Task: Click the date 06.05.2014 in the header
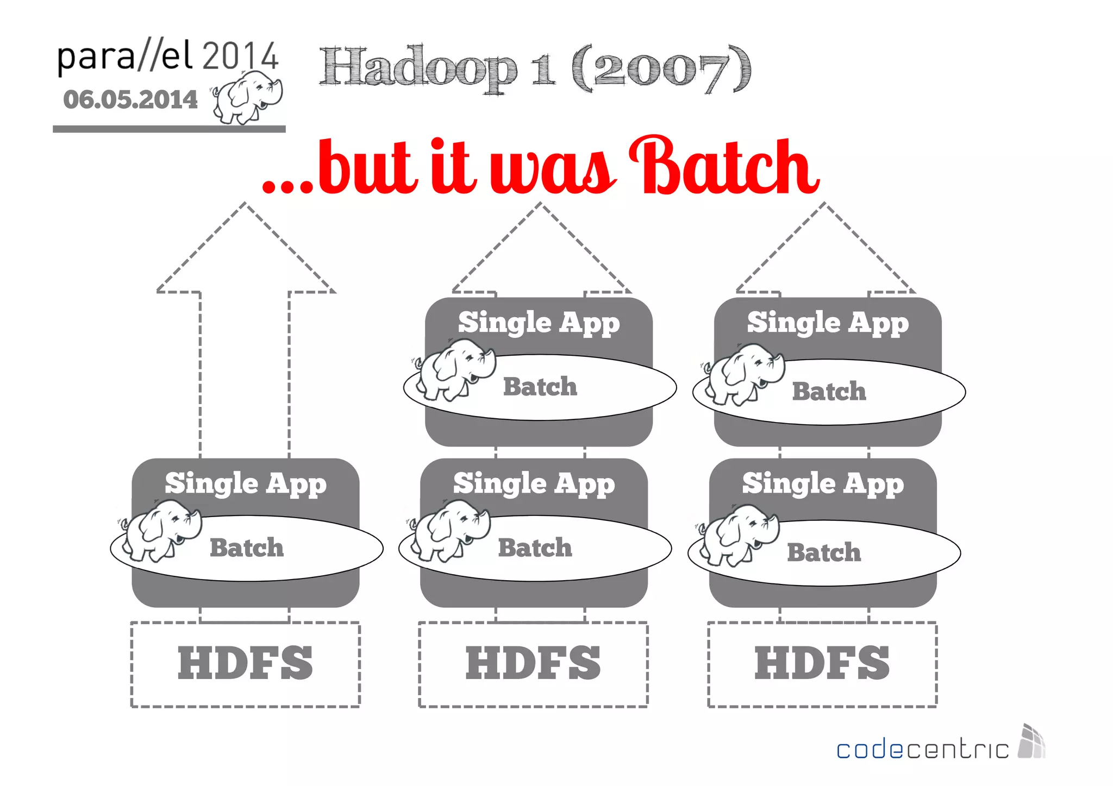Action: point(130,100)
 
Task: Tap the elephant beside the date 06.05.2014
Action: point(248,98)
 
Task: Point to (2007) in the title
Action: point(661,68)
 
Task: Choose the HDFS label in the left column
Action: point(245,663)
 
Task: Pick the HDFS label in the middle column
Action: point(533,663)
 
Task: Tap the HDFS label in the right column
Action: point(822,663)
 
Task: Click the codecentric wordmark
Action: point(922,750)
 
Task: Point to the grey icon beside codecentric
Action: point(1031,741)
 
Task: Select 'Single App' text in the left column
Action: point(246,483)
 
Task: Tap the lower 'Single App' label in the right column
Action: point(823,483)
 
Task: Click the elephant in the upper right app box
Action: point(745,374)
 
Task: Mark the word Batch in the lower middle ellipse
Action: point(535,548)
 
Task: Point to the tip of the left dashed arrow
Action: point(245,204)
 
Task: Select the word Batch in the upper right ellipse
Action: point(829,391)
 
